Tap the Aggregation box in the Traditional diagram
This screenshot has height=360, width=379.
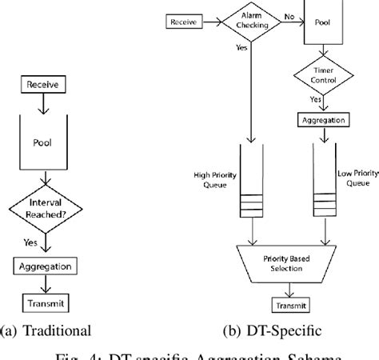tap(45, 266)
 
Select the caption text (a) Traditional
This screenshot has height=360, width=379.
tap(47, 328)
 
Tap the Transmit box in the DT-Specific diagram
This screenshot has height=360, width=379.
tap(289, 305)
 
